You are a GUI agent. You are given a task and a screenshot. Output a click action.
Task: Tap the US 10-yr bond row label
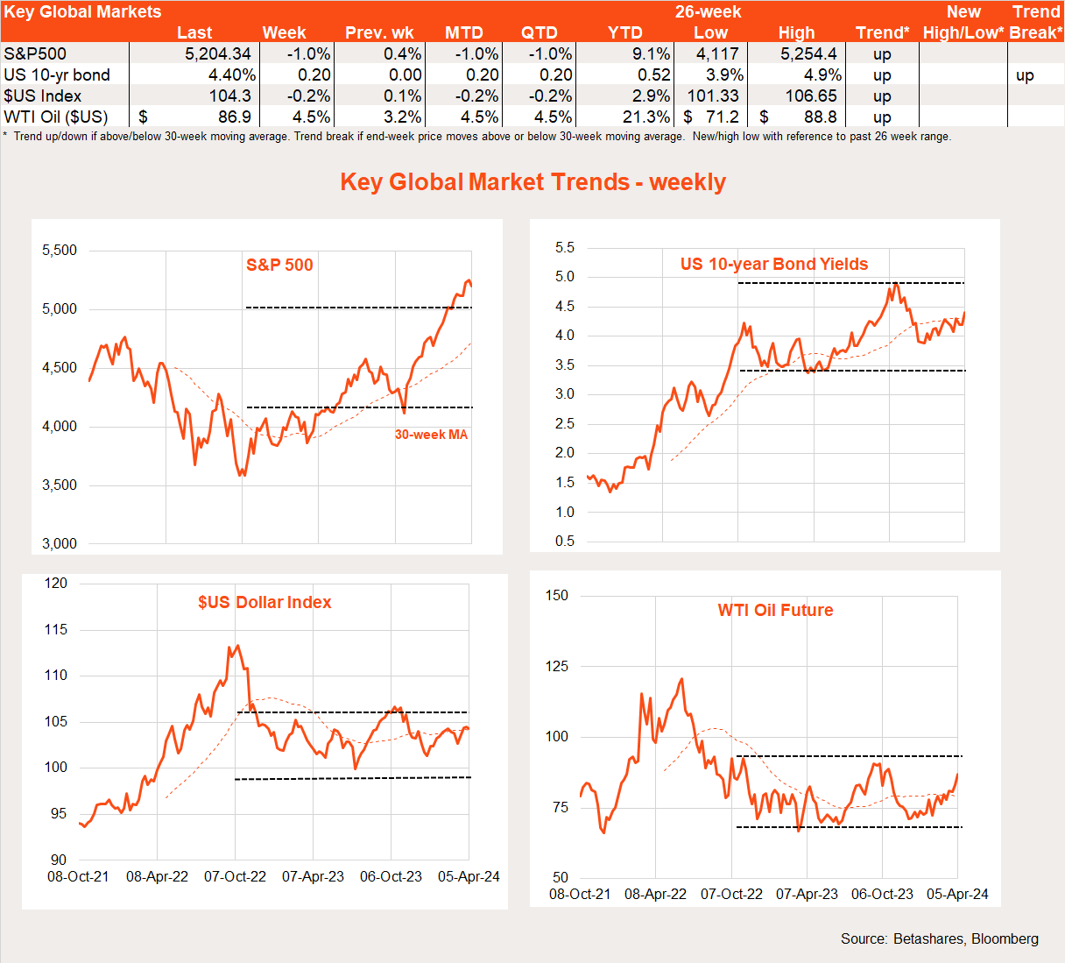57,75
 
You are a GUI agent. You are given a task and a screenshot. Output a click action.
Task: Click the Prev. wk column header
379,33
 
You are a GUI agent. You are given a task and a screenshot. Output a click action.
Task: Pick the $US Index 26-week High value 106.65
811,96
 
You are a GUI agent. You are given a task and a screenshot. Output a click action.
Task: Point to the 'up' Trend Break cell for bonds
1025,75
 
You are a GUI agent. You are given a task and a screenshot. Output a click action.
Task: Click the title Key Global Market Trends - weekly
532,182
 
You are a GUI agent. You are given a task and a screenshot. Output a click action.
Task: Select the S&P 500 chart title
279,265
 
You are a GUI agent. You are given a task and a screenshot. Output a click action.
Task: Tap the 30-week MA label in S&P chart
431,435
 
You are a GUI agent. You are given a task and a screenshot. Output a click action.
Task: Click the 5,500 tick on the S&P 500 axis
60,251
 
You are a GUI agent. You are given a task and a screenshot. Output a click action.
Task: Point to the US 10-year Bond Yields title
774,265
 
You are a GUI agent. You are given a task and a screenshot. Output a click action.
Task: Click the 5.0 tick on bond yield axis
565,277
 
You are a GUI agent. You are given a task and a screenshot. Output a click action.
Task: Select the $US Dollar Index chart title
264,603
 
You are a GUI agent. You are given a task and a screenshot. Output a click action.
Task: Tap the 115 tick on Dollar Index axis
56,630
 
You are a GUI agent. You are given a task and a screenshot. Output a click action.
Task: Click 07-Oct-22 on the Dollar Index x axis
235,877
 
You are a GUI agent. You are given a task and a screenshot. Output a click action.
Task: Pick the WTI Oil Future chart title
775,611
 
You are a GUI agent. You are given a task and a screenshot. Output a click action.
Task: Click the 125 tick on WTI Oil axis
557,667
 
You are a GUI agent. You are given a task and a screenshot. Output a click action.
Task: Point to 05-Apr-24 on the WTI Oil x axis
957,895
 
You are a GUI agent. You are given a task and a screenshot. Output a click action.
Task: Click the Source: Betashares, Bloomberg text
939,939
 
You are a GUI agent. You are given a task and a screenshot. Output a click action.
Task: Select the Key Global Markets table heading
82,12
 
